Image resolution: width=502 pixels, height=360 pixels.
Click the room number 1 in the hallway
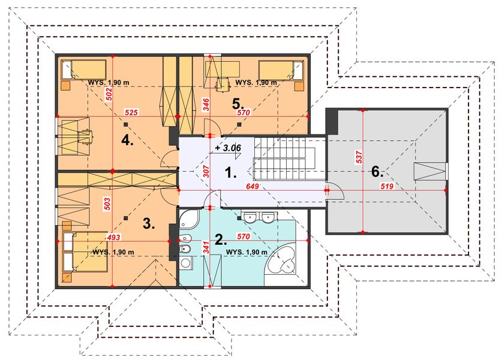tap(230, 173)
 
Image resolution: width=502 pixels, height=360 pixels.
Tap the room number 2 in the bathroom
tap(221, 239)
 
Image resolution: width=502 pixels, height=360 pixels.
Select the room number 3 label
tap(149, 224)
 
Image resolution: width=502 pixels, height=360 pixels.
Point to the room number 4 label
tap(127, 140)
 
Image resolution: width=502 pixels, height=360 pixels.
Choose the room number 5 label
tap(238, 103)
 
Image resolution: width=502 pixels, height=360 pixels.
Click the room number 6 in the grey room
tap(377, 172)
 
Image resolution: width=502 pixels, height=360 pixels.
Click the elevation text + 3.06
tap(228, 148)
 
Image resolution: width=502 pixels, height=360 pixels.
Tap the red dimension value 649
tap(252, 186)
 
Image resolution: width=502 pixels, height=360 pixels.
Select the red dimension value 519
tap(387, 186)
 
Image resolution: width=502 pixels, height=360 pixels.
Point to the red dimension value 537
tap(359, 157)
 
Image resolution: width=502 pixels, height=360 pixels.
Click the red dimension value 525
tap(131, 112)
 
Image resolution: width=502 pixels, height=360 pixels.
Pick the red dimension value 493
tap(113, 238)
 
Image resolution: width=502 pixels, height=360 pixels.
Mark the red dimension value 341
tap(206, 248)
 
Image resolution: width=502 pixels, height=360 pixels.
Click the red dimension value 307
tap(206, 172)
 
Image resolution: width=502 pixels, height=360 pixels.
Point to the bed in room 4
tap(83, 69)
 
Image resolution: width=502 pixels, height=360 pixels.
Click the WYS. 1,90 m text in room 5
tap(256, 83)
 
